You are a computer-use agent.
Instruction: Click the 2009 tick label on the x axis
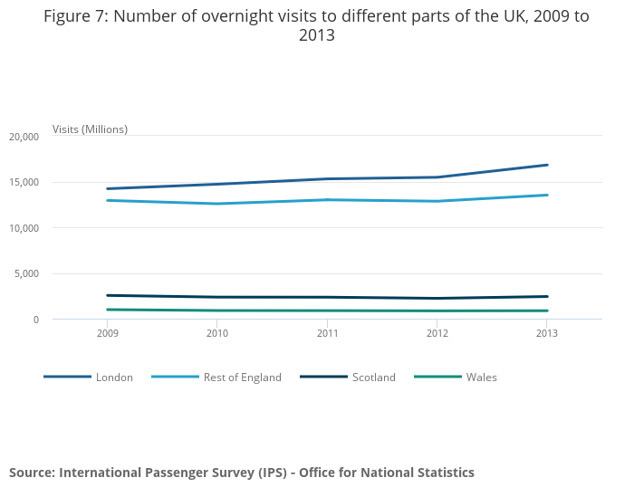coord(108,334)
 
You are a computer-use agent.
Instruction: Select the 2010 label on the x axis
coord(217,334)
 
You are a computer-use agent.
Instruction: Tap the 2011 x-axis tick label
coord(327,334)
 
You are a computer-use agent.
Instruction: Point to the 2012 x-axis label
coord(437,334)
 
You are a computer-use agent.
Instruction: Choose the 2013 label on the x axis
coord(546,334)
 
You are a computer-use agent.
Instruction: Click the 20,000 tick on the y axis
coord(24,137)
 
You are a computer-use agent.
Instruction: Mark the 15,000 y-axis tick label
coord(24,183)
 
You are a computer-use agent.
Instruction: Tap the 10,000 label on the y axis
coord(24,228)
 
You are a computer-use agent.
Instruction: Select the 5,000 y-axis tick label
coord(26,274)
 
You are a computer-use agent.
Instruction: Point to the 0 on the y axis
coord(35,320)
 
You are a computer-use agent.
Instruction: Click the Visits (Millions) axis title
coord(90,129)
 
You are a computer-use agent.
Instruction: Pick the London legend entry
coord(114,378)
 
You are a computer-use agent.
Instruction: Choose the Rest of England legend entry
coord(242,378)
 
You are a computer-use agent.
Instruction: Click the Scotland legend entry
coord(373,378)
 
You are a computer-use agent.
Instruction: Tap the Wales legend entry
coord(481,378)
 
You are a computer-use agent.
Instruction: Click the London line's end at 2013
coord(546,165)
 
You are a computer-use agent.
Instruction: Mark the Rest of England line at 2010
coord(217,204)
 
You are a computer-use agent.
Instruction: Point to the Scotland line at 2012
coord(437,299)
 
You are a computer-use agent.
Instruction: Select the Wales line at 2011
coord(327,311)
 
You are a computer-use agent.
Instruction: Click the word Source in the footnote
coord(32,473)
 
